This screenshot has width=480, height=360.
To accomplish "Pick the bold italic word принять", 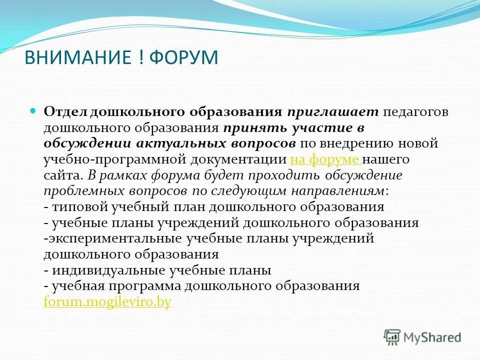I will coord(252,127).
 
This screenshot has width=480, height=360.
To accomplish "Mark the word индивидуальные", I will coord(109,270).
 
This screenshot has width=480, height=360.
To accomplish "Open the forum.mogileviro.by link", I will coord(107,302).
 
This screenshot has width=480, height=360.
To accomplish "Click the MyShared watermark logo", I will coord(422,337).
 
